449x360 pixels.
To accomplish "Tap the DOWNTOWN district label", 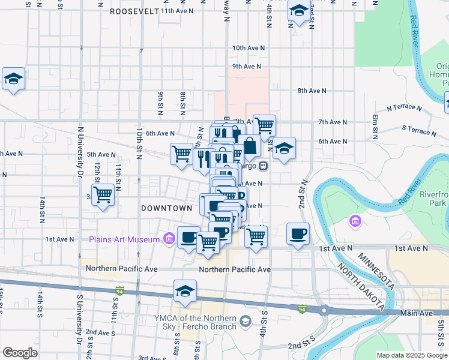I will pyautogui.click(x=166, y=208).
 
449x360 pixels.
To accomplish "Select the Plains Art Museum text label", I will pyautogui.click(x=124, y=239).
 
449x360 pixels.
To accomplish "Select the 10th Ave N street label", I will pyautogui.click(x=248, y=47).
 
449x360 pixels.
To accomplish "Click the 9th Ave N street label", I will pyautogui.click(x=248, y=67).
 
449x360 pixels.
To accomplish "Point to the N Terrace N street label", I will pyautogui.click(x=405, y=109).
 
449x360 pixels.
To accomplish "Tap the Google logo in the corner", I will pyautogui.click(x=20, y=353).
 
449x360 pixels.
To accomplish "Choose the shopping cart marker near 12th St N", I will pyautogui.click(x=103, y=194).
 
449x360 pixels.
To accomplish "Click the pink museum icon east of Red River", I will pyautogui.click(x=355, y=223).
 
